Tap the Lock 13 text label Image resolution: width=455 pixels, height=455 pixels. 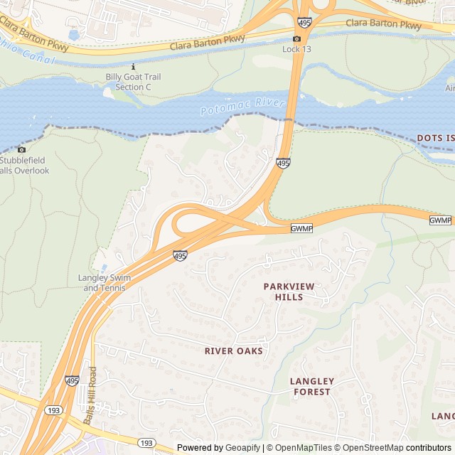[297, 48]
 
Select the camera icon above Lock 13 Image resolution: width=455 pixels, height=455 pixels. [297, 38]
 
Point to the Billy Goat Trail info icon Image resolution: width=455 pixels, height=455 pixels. [134, 66]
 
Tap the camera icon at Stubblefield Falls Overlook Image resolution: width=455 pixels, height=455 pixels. [21, 149]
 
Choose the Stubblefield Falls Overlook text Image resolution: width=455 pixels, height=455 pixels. [25, 166]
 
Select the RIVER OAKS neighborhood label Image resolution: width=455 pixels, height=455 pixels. [233, 351]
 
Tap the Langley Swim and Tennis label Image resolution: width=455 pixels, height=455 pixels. [105, 282]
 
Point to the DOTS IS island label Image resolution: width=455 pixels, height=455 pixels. [435, 137]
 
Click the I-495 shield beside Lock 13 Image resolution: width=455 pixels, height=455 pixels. [304, 23]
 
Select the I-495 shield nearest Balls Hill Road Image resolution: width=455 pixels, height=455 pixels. [73, 382]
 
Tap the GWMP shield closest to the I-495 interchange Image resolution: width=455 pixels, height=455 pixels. [301, 228]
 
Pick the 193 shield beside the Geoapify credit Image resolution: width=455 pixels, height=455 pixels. [146, 443]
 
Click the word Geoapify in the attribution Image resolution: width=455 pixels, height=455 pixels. [243, 448]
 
